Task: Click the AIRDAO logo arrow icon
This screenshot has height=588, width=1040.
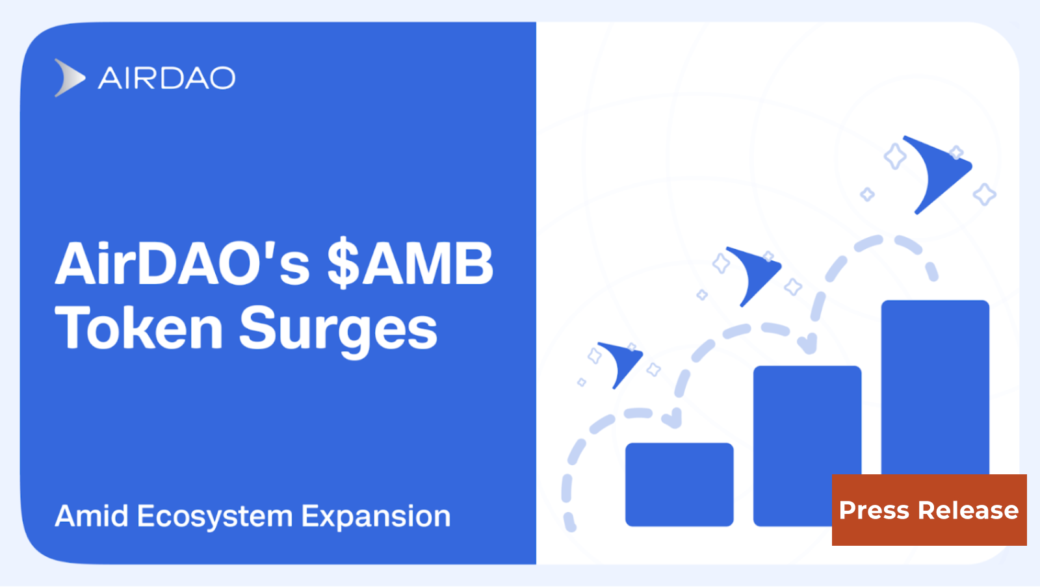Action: (69, 78)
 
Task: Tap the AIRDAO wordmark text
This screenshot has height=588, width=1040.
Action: (166, 79)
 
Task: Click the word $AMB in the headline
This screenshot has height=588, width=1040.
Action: (410, 264)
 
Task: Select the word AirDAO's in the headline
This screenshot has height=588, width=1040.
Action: (183, 264)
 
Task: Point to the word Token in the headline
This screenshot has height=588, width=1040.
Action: (139, 329)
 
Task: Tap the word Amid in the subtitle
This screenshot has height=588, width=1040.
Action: (92, 517)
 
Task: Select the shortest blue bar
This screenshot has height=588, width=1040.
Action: (679, 485)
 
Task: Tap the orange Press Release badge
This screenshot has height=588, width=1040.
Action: (929, 510)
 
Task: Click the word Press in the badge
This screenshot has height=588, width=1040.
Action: (874, 511)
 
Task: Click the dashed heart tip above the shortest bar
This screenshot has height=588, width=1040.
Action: (673, 418)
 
